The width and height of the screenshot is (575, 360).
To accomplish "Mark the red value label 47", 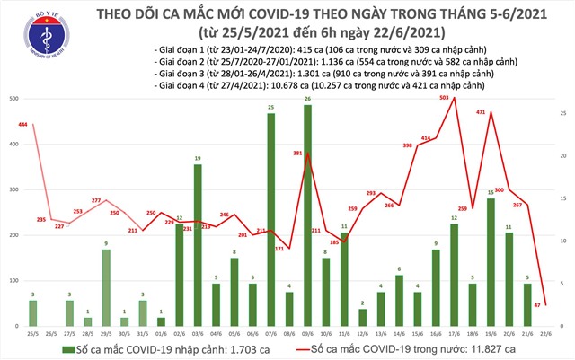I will click(561, 305).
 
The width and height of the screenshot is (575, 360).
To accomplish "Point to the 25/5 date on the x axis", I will click(33, 334).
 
